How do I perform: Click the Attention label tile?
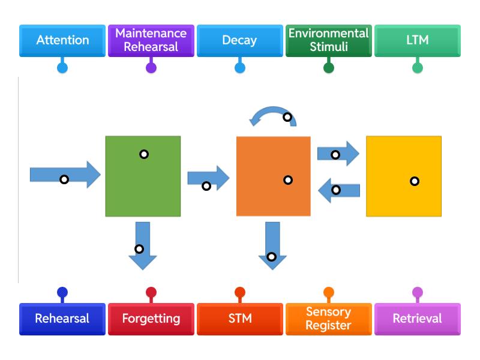(62, 41)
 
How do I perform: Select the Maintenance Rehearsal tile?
(151, 41)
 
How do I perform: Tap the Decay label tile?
(240, 41)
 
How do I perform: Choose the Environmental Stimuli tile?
(329, 41)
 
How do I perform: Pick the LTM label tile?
(418, 41)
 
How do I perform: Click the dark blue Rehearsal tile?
(62, 319)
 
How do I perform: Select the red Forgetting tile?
(151, 319)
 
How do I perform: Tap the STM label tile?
(240, 319)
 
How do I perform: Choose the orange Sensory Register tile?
(329, 319)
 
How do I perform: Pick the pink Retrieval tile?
(418, 319)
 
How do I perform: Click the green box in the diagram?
(143, 176)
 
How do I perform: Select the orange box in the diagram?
(274, 176)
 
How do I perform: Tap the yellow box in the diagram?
(404, 176)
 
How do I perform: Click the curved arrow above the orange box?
(273, 115)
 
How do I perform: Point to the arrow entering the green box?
(65, 175)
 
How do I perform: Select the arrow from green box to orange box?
(208, 178)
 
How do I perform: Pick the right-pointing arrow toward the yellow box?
(337, 154)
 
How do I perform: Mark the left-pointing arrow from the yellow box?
(339, 191)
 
